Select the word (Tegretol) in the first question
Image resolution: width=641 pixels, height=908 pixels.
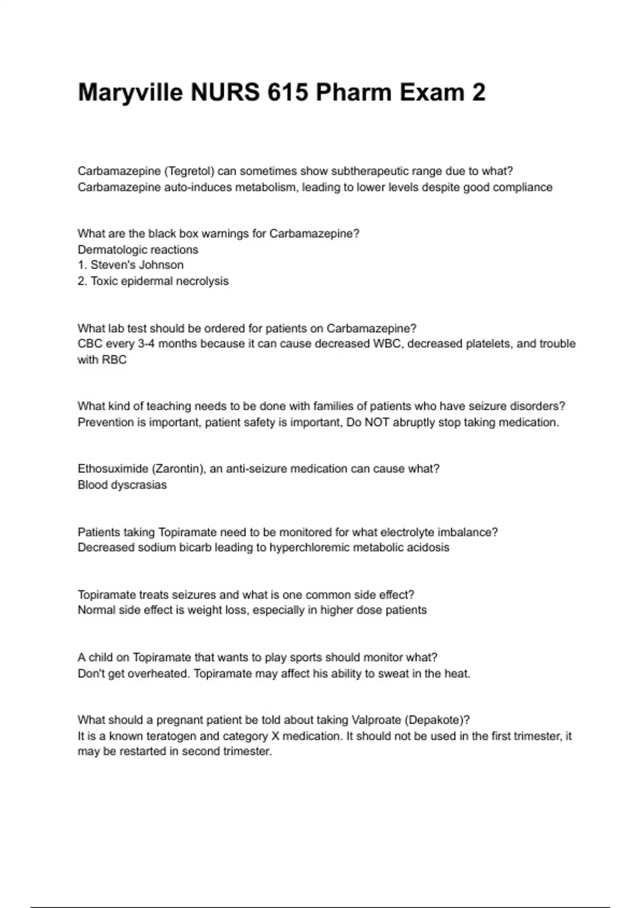(x=189, y=171)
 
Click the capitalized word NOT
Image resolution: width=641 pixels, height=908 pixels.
(x=377, y=422)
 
